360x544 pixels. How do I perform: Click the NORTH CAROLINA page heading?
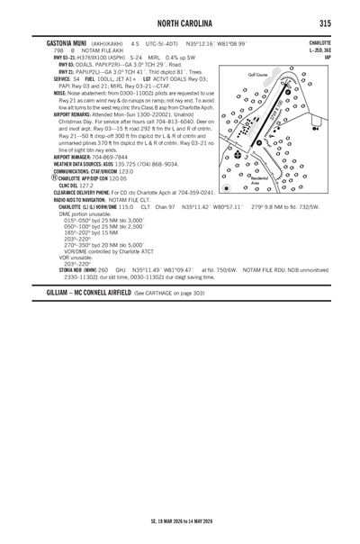tap(179, 22)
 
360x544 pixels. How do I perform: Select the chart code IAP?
tap(327, 57)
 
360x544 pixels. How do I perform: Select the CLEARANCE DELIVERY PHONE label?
tap(92, 193)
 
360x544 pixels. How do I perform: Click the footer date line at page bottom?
tap(179, 520)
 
